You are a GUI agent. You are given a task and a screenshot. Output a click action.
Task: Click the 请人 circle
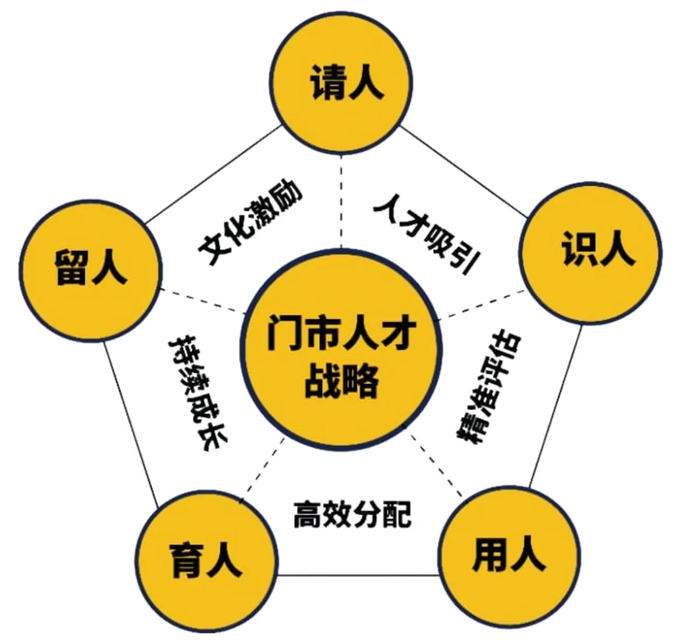344,84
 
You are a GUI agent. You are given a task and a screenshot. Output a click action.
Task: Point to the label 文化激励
250,224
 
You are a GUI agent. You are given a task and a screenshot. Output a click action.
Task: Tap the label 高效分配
352,513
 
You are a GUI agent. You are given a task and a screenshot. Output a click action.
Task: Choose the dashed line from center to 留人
201,302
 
